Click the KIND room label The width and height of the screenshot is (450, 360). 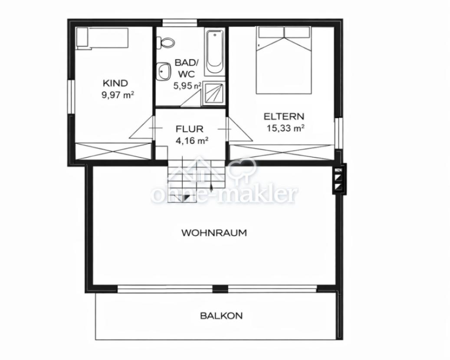coord(115,83)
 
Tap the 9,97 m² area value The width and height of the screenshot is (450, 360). coord(118,95)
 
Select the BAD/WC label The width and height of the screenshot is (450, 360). coord(187,68)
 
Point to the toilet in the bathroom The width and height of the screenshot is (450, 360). coord(166,43)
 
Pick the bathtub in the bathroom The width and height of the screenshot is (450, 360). coord(215,53)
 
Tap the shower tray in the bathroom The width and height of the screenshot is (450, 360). coord(215,93)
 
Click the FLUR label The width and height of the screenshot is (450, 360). coord(189,129)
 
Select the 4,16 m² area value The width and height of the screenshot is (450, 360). coord(192,141)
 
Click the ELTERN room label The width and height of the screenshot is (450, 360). coord(284,117)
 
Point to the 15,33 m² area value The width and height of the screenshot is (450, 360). coord(286,128)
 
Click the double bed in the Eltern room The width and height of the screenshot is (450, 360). coord(284,60)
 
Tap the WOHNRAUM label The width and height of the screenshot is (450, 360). coord(214,232)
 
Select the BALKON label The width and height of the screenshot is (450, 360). coord(221,316)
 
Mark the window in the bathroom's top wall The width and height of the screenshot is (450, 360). coord(180,23)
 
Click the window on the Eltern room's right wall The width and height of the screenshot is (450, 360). coord(338,134)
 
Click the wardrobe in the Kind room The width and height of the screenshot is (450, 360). coord(113,151)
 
